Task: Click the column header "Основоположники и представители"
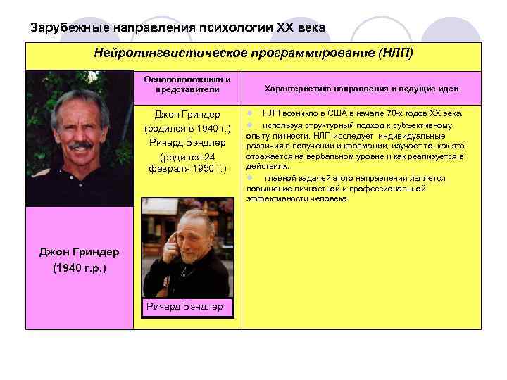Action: (x=187, y=84)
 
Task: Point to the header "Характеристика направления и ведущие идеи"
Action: (x=361, y=89)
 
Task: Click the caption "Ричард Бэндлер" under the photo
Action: (x=184, y=306)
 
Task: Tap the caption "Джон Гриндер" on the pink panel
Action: (x=79, y=252)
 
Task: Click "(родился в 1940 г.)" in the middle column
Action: (x=187, y=129)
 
